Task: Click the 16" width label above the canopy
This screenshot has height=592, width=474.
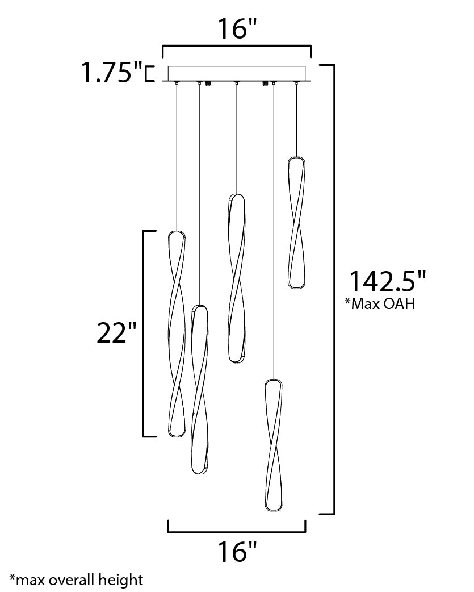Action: pos(237,29)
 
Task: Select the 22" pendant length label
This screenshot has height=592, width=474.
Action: pos(116,332)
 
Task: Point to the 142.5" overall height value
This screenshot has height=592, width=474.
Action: pos(388,281)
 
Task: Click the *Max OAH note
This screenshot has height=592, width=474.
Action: pos(380,303)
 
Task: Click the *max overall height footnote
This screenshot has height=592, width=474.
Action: pos(77,580)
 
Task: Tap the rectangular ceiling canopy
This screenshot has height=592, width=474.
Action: pos(237,74)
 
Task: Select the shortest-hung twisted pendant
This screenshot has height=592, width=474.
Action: pos(296,223)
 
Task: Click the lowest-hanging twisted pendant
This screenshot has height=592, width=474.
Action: pos(274,445)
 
